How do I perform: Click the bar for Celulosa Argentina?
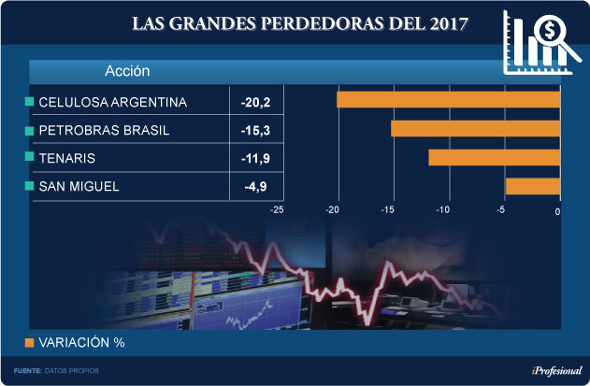[448, 100]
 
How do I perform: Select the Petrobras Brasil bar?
[475, 129]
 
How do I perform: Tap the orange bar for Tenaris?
[494, 157]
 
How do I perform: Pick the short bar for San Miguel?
[532, 186]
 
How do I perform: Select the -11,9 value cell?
[255, 159]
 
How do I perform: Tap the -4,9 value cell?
[255, 187]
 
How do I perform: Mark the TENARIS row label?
[67, 159]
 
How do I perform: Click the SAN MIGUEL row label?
[79, 187]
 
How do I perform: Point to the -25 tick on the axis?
[277, 210]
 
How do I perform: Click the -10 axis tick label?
[444, 210]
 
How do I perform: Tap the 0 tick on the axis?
[557, 211]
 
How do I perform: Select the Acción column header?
[127, 71]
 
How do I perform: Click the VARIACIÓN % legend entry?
[79, 342]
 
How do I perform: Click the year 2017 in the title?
[446, 21]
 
